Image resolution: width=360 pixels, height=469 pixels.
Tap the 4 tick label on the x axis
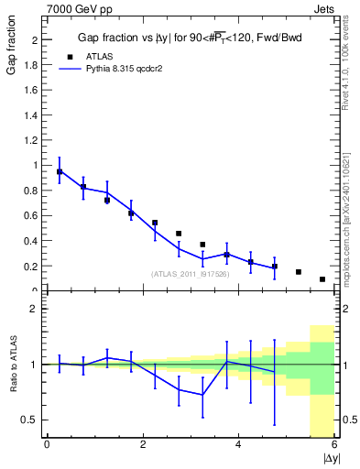[x=238, y=445]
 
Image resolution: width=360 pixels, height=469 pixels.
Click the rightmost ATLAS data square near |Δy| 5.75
[x=322, y=279]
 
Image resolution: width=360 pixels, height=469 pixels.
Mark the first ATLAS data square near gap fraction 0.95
[x=60, y=171]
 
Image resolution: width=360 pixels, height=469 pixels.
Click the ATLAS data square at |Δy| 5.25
[x=299, y=272]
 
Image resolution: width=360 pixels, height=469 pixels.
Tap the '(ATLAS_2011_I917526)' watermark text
[x=191, y=274]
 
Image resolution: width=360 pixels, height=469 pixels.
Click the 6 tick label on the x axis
[x=334, y=445]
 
